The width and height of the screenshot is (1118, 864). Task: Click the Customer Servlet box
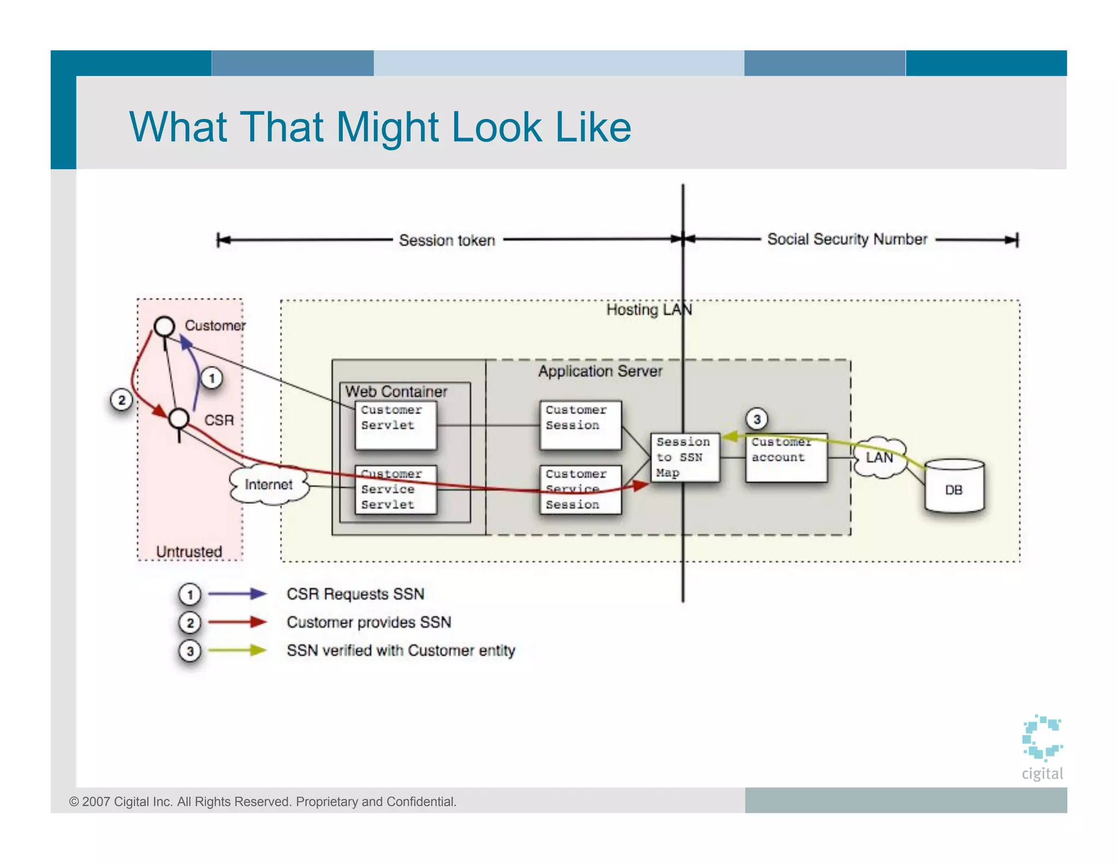(x=396, y=425)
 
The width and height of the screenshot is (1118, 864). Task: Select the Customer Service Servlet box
(x=396, y=489)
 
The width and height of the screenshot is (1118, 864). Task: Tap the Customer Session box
(x=580, y=425)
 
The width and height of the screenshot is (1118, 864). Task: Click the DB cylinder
(x=954, y=486)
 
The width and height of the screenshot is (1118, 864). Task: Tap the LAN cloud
(x=879, y=458)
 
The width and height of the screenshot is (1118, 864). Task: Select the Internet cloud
(x=269, y=484)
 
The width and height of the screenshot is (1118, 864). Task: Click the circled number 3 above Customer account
(x=757, y=419)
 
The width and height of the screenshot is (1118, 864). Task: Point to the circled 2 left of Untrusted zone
(x=121, y=400)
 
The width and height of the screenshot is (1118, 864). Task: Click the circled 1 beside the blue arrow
(x=212, y=378)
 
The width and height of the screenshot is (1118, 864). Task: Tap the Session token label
(x=447, y=240)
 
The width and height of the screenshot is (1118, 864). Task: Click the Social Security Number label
(x=847, y=239)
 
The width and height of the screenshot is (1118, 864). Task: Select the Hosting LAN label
(x=649, y=310)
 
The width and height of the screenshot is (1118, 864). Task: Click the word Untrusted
(x=189, y=552)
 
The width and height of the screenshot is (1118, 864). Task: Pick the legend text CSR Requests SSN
(x=355, y=594)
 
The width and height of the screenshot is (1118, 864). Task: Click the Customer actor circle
(x=164, y=327)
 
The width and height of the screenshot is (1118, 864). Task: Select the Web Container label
(x=396, y=392)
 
